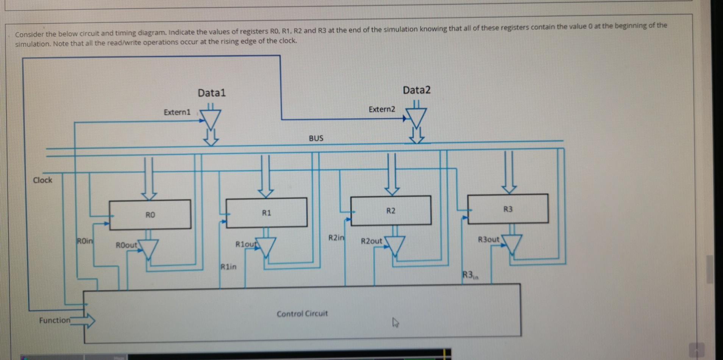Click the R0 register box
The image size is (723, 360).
coord(150,214)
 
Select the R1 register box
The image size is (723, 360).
coord(266,213)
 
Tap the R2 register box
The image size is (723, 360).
coord(391,211)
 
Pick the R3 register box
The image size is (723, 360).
coord(508,209)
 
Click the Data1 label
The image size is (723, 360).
coord(211,93)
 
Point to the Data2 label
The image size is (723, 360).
coord(416,90)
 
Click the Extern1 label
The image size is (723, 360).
coord(177,112)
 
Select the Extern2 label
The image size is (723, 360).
coord(381,110)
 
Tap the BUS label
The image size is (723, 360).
coord(316,138)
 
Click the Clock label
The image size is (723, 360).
coord(42,180)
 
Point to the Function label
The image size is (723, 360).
coord(55,320)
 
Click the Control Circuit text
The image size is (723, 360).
coord(302,314)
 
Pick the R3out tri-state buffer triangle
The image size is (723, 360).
coord(512,244)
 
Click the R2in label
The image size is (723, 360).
coord(336,238)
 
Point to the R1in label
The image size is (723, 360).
coord(228,267)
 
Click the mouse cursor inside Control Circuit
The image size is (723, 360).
coord(395,323)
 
